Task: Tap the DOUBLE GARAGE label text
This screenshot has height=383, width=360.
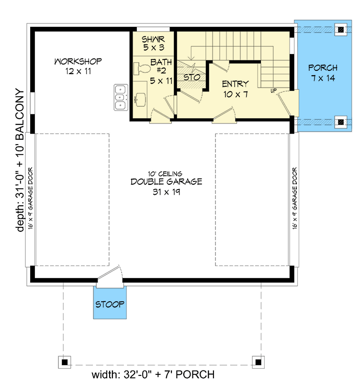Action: (166, 182)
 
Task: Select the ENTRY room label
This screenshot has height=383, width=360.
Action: (235, 84)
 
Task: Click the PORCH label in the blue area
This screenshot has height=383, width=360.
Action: (322, 68)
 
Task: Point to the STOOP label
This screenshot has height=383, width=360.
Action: (110, 304)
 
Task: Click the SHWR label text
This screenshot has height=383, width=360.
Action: (153, 38)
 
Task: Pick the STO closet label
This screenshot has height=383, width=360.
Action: (191, 77)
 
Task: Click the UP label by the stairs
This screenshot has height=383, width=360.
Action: (274, 90)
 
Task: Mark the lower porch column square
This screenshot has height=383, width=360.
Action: (340, 122)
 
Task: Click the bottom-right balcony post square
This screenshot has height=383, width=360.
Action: (259, 361)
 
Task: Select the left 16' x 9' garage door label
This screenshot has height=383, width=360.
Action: (30, 199)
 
